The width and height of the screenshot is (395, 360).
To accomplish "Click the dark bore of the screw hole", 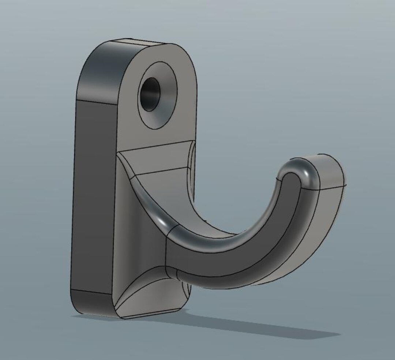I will (x=150, y=94).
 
